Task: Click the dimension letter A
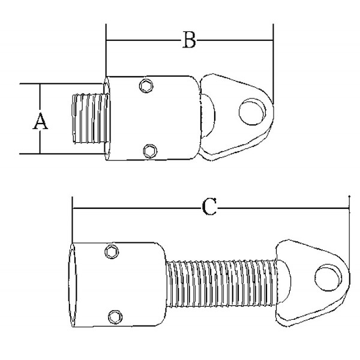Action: pos(40,121)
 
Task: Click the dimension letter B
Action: pos(189,40)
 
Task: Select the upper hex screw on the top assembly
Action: pos(146,86)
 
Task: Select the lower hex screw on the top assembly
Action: pos(150,151)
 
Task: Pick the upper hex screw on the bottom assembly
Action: pos(112,252)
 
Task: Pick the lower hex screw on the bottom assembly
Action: pos(115,317)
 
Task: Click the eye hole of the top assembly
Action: pos(253,112)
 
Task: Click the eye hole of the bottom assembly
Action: pos(328,278)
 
